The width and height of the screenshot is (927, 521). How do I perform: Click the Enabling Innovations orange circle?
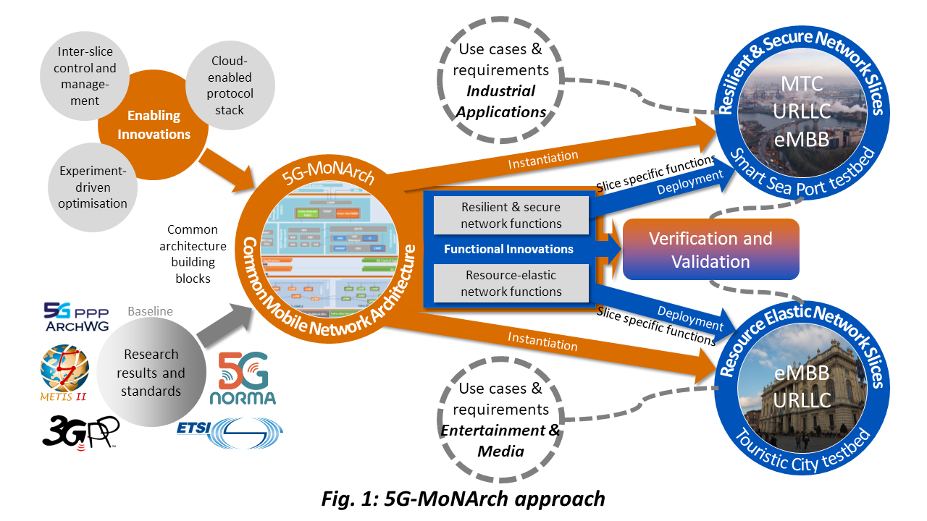pos(154,124)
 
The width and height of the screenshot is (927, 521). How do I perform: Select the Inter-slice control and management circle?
pos(85,75)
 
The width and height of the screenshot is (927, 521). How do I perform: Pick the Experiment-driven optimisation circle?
pos(93,187)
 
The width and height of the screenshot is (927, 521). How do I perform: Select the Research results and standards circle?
pos(151,373)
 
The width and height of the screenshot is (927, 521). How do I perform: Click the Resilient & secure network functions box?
pos(511,216)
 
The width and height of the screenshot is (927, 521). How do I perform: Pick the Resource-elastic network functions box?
pos(511,283)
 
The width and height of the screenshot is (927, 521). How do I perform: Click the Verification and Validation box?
pos(710,250)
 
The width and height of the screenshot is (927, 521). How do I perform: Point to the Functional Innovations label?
pos(508,249)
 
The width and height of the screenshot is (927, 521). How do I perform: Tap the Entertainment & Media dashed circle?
pos(500,420)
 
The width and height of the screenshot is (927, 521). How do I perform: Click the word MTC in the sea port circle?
pos(802,83)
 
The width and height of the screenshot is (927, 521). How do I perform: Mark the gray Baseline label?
pos(150,311)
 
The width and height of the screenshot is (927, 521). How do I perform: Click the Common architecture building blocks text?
pos(192,253)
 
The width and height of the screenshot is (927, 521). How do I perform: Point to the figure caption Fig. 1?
pos(463,499)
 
